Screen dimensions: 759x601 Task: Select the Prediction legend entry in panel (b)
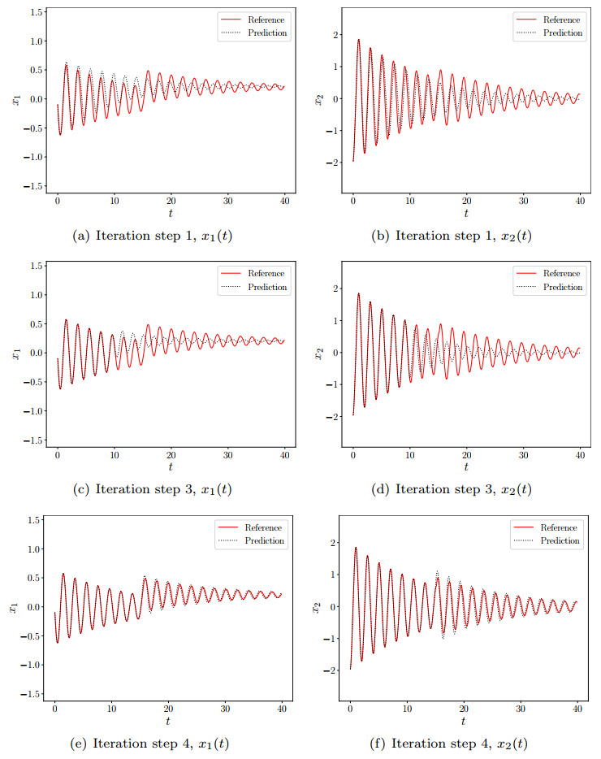pyautogui.click(x=563, y=33)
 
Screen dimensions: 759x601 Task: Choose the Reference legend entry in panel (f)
pyautogui.click(x=560, y=527)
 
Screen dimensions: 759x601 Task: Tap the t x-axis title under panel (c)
pyautogui.click(x=171, y=468)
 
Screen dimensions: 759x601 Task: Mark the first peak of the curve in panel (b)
pyautogui.click(x=358, y=39)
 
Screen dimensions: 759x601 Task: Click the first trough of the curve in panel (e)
pyautogui.click(x=57, y=642)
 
